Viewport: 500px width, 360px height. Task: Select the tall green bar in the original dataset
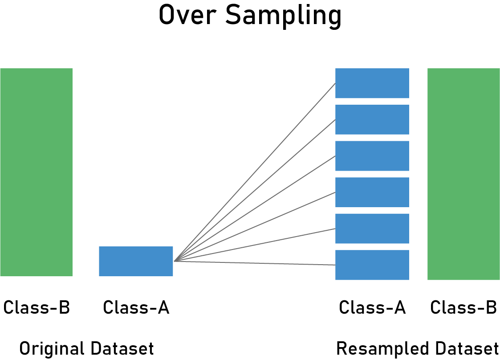coord(36,172)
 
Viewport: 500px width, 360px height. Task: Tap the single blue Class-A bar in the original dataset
coord(136,261)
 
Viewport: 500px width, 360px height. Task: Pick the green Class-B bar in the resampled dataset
coord(463,174)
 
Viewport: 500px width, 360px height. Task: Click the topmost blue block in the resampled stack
coord(372,83)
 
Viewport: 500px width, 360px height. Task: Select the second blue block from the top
coord(372,119)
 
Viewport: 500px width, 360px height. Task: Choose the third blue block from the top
coord(372,156)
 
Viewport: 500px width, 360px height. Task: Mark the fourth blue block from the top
coord(372,192)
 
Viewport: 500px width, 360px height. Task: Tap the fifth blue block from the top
coord(372,229)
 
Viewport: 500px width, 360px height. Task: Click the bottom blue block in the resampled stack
coord(372,265)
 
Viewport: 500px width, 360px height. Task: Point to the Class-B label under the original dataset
coord(37,307)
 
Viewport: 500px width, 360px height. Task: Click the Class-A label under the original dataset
coord(136,307)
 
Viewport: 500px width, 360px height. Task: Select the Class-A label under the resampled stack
coord(372,307)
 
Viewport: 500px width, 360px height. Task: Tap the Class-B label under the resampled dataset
coord(463,307)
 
